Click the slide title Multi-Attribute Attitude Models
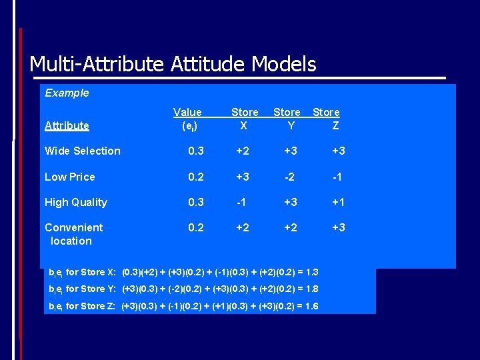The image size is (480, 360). [173, 64]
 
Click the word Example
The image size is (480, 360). [67, 93]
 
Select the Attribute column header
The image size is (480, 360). [67, 125]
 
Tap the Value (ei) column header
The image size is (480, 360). [187, 119]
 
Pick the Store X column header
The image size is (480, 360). [245, 119]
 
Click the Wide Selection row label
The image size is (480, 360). [83, 151]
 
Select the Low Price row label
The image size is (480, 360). [70, 177]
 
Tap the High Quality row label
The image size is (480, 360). [76, 202]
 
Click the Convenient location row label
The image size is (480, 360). [73, 234]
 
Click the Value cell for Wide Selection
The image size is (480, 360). [196, 151]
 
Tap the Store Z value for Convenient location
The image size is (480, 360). [339, 227]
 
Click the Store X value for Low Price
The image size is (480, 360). [243, 177]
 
